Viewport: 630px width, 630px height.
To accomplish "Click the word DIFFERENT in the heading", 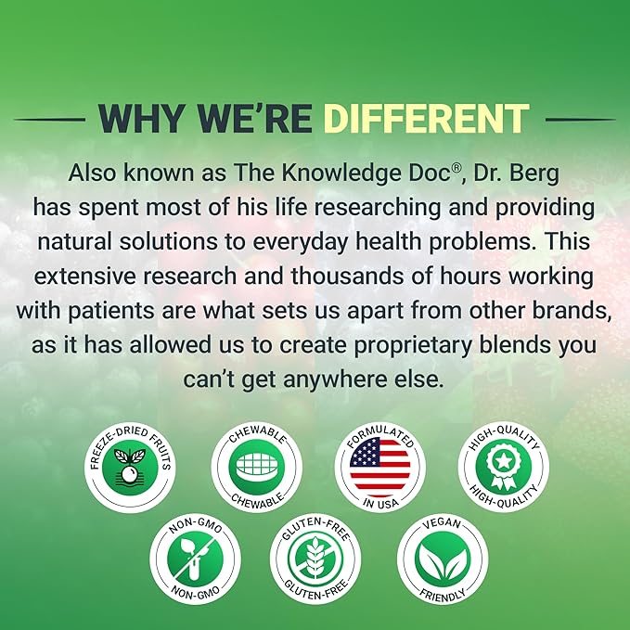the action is (x=426, y=119).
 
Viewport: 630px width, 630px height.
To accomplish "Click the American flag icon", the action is (x=380, y=467).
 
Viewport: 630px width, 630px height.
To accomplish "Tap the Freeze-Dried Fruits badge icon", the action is (x=129, y=467).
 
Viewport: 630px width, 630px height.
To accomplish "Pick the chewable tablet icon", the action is (x=257, y=467).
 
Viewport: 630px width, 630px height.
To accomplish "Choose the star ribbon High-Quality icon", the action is (x=504, y=467).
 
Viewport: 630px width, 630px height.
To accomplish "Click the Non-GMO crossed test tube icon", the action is (x=195, y=559).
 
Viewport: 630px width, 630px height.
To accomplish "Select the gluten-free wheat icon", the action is (x=315, y=559).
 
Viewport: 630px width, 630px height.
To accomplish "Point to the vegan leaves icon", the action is (x=443, y=559).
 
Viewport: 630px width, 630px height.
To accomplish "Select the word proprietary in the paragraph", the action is (x=413, y=346).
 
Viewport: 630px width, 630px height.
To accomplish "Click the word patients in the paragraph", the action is (x=111, y=312).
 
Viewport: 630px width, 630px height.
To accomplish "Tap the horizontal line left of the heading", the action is (x=49, y=120).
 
